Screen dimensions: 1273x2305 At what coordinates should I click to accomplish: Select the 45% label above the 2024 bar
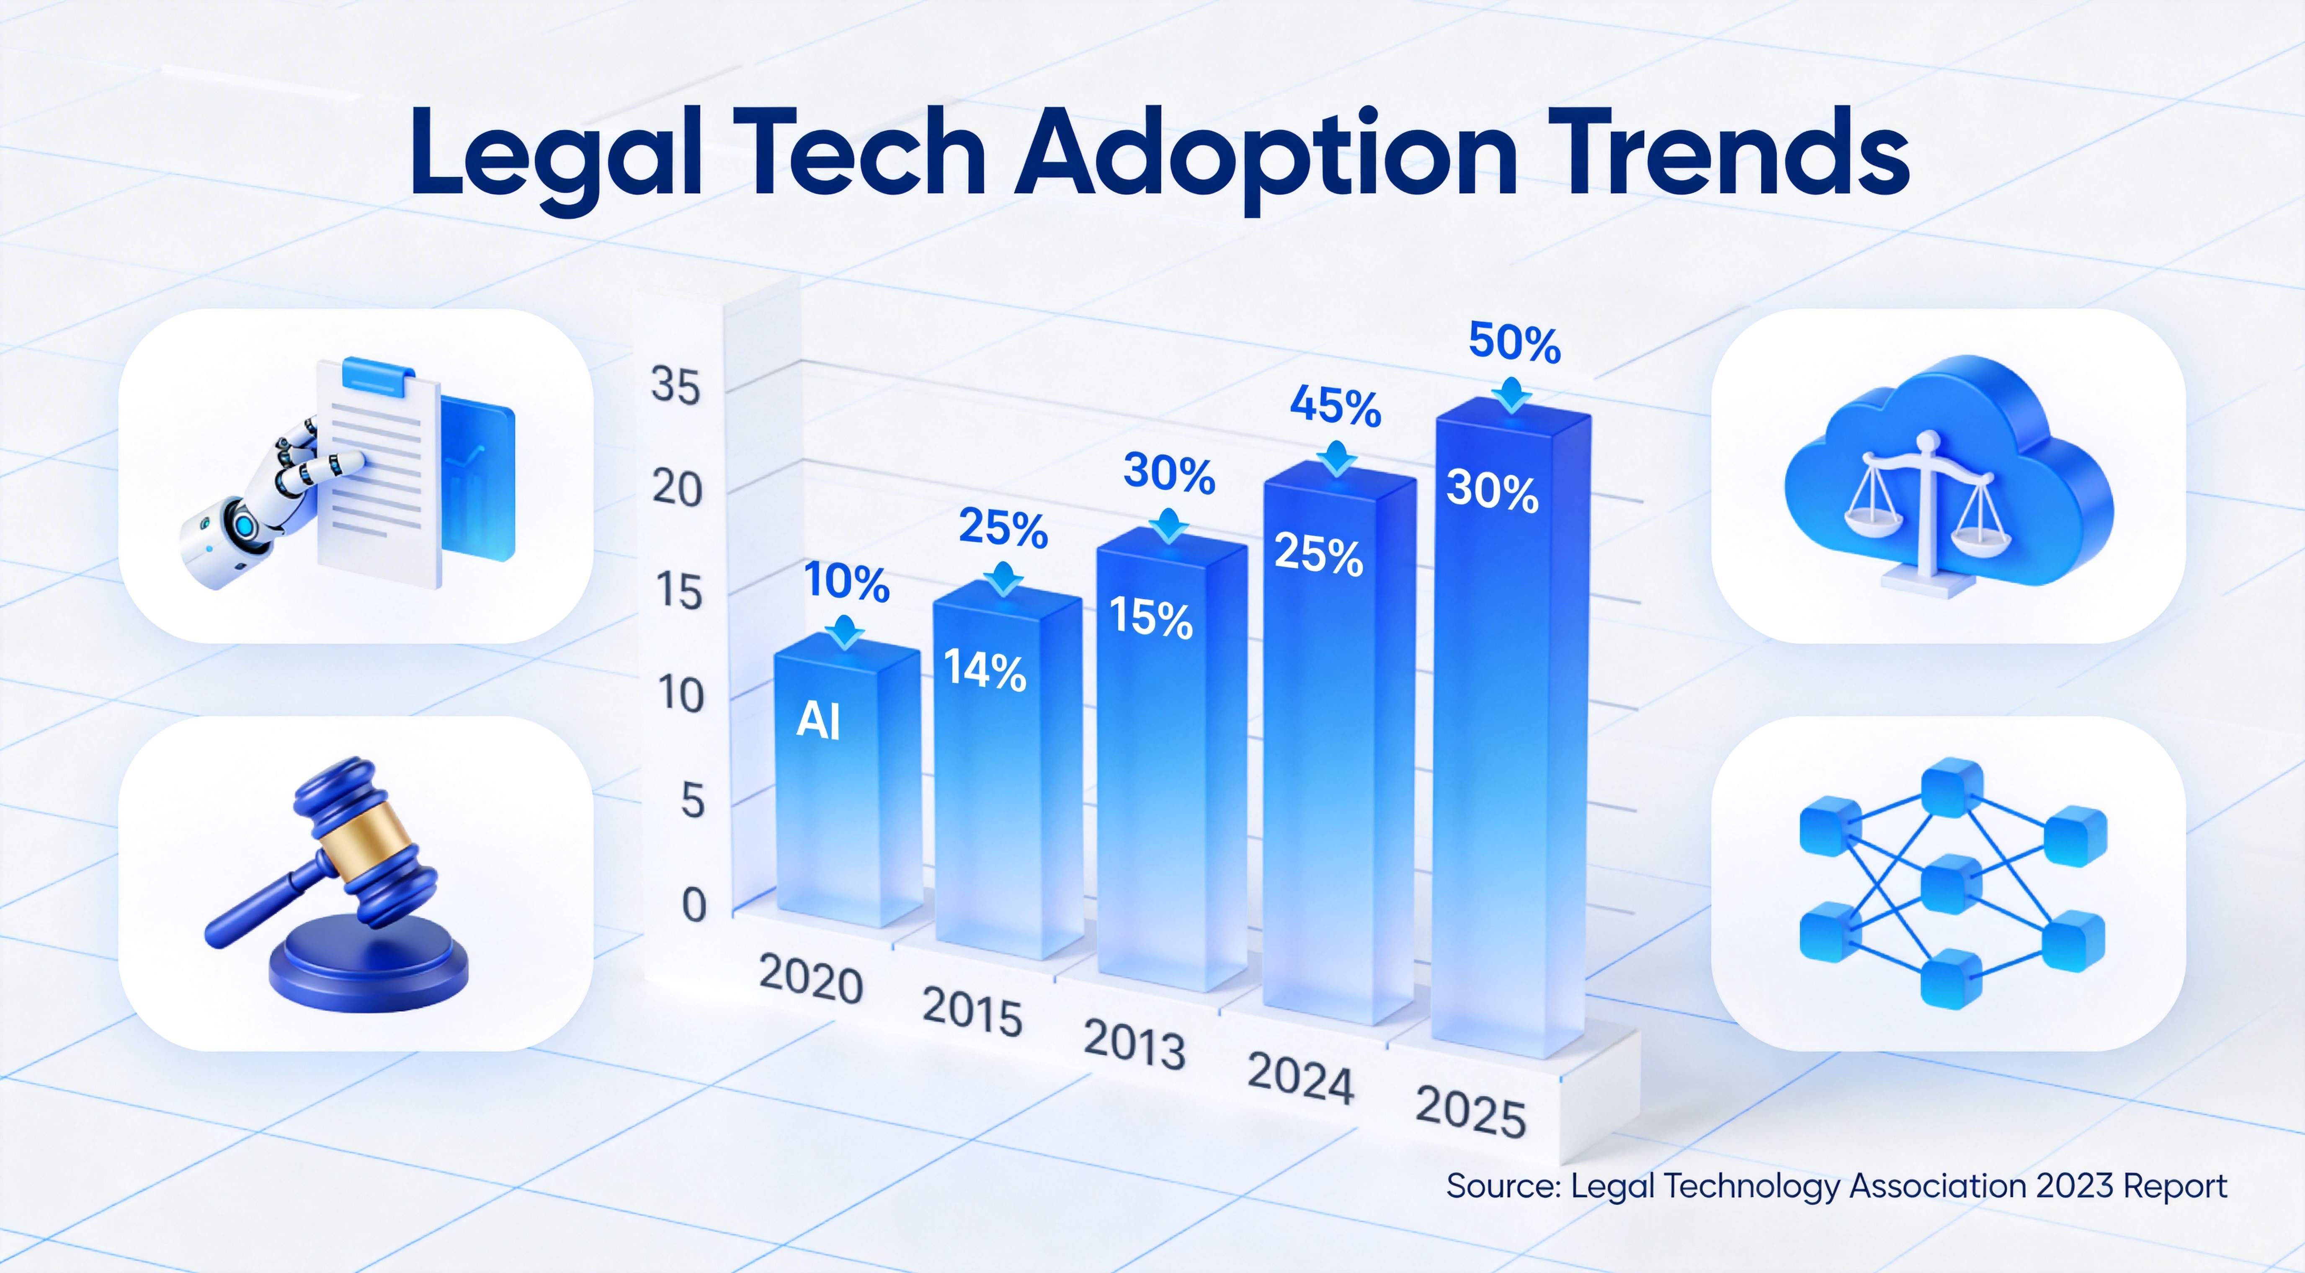(x=1335, y=407)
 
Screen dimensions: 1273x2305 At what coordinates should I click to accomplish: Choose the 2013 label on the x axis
(x=1134, y=1045)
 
